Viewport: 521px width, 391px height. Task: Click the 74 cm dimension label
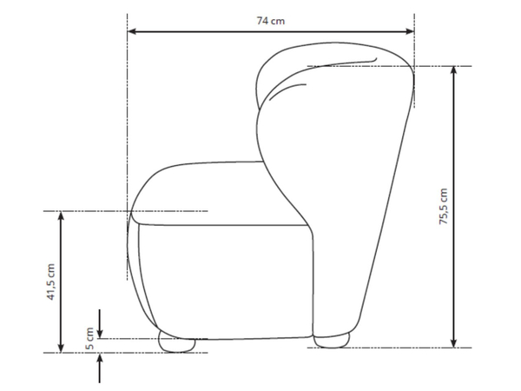[x=270, y=21]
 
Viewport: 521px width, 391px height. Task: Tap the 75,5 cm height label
[x=443, y=207]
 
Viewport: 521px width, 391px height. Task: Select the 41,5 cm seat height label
[x=50, y=282]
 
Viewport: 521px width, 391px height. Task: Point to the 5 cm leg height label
[x=89, y=339]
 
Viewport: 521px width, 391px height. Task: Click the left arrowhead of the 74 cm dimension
[x=132, y=31]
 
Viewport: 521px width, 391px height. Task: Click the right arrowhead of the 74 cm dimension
[x=410, y=31]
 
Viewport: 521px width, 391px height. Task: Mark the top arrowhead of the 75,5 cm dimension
[x=454, y=70]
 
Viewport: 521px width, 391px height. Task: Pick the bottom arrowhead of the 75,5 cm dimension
[x=454, y=343]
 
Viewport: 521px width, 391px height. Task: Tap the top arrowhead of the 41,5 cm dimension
[x=61, y=215]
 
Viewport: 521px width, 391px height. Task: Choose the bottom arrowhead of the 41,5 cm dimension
[x=61, y=348]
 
